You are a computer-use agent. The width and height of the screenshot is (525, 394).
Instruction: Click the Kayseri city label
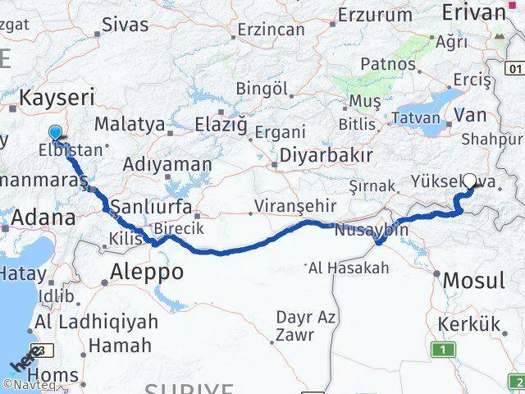[57, 98]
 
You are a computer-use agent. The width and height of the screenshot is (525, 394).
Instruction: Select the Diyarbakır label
[326, 155]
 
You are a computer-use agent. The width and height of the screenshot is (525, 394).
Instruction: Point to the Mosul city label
[473, 281]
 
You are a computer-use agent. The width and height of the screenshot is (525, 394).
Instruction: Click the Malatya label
[130, 125]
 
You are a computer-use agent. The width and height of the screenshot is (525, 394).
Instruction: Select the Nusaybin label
[372, 231]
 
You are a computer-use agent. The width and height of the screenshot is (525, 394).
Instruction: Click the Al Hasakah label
[349, 267]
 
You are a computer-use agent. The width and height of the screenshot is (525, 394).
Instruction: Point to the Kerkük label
[468, 325]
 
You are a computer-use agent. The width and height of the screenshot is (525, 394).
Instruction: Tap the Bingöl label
[261, 88]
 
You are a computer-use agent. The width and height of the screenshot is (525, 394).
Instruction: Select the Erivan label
[473, 12]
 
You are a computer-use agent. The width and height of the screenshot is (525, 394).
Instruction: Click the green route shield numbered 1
[444, 350]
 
